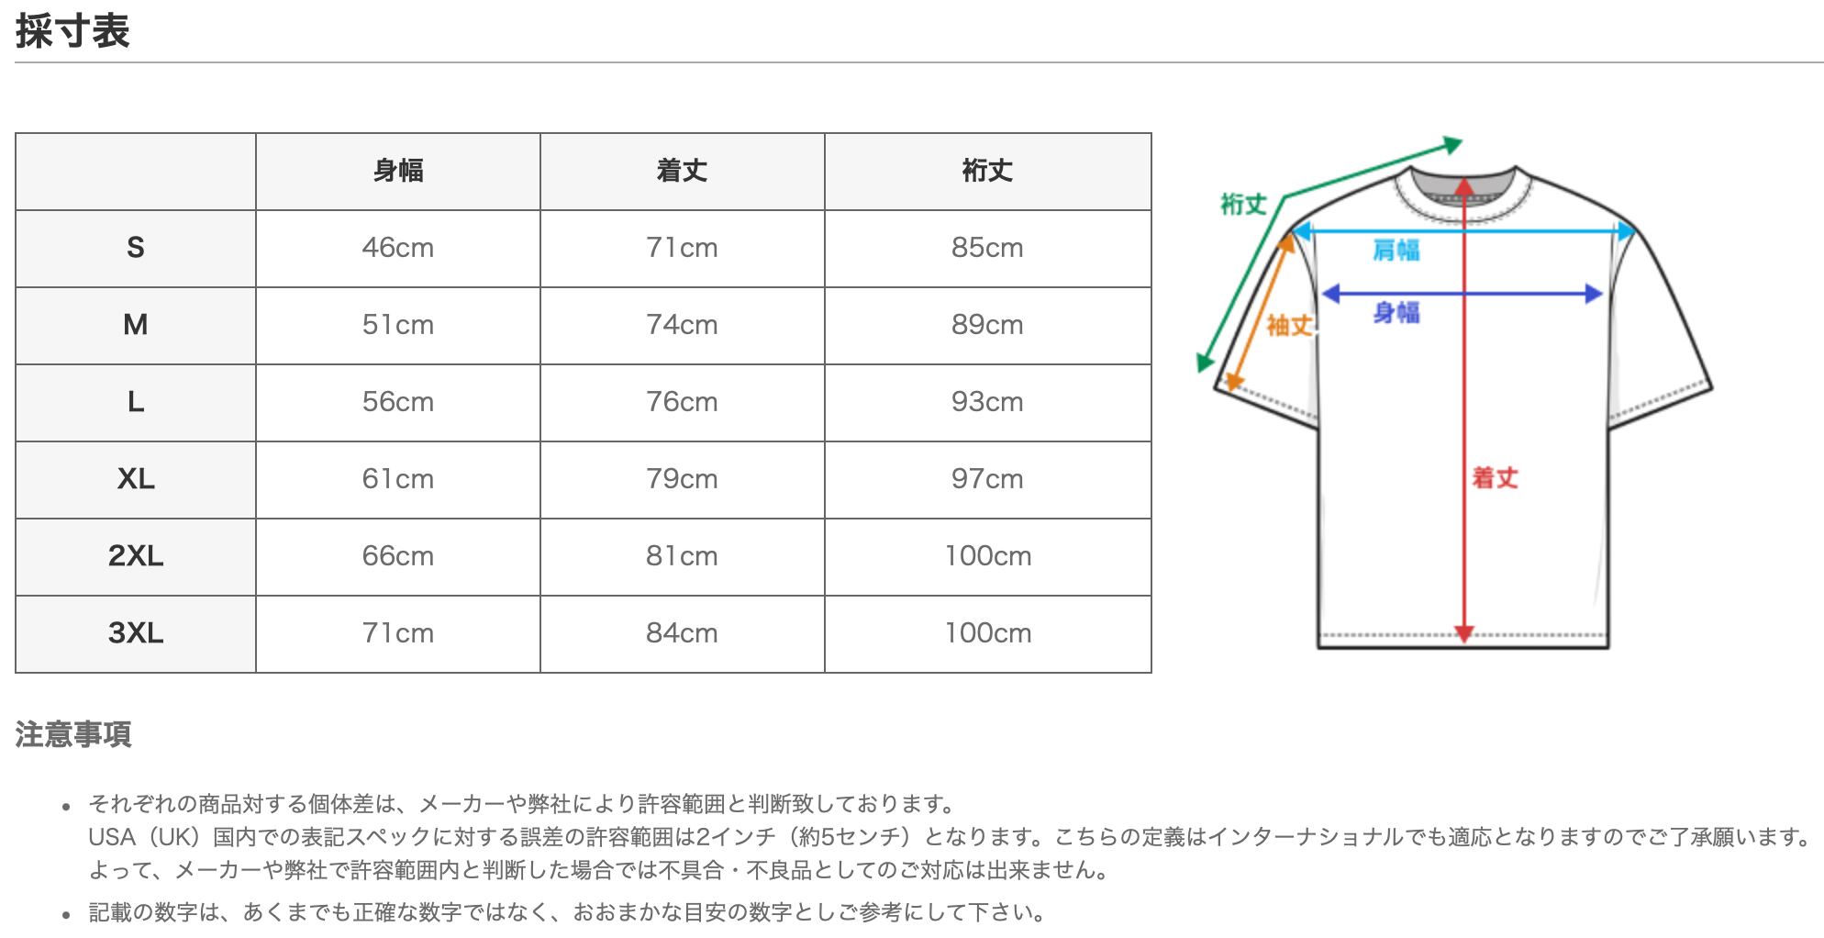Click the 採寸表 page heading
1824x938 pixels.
[72, 31]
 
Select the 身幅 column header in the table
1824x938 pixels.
[397, 171]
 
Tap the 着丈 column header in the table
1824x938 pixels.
[682, 171]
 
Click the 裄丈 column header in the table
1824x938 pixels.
[987, 171]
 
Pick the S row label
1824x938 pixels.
[136, 248]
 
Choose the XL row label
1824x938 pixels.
[136, 479]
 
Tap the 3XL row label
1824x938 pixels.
[136, 633]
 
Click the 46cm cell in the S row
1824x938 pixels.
[397, 248]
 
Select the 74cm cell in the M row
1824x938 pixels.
[682, 325]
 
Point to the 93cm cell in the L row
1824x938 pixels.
[987, 402]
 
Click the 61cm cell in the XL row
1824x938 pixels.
[397, 479]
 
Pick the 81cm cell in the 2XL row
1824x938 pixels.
[682, 556]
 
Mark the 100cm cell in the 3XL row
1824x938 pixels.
[987, 633]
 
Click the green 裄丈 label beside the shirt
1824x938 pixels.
[1242, 205]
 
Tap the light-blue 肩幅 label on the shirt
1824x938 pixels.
[1396, 250]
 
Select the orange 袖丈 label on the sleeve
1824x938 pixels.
[1289, 325]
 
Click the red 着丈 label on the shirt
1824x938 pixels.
[1495, 477]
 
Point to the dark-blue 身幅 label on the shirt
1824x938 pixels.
[1396, 313]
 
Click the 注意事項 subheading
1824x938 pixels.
[73, 734]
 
